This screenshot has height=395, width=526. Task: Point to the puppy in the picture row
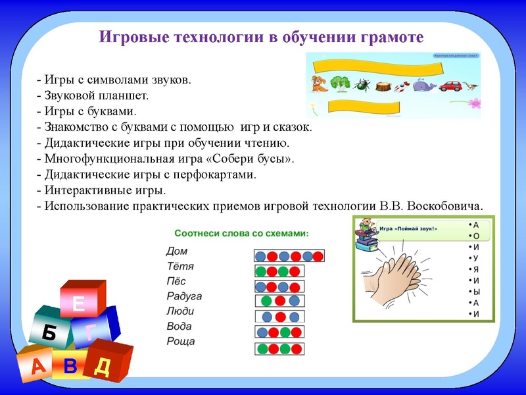320,83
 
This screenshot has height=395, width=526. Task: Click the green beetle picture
362,84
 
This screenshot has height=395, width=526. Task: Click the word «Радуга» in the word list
184,296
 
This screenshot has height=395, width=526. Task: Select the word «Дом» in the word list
177,251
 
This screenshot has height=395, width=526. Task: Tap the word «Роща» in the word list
181,342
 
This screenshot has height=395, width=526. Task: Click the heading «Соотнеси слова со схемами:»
241,234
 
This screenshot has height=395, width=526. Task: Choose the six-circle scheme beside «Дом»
289,255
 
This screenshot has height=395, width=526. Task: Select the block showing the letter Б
49,332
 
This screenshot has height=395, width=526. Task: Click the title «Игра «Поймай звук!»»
408,228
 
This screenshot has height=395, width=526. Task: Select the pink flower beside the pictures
473,103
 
